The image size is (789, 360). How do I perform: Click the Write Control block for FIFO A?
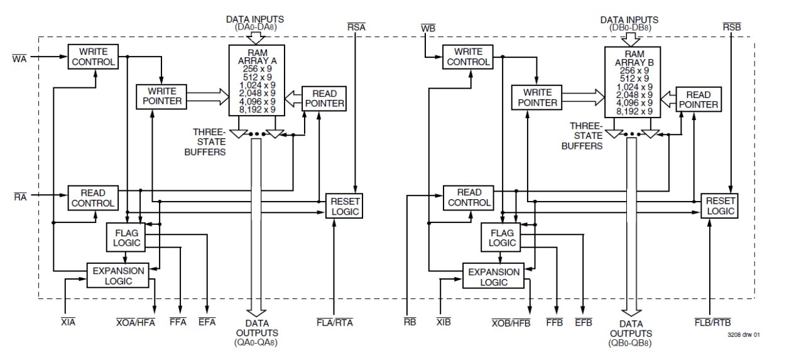94,57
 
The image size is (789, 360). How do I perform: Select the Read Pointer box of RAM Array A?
325,99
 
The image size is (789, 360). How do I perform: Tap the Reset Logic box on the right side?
720,205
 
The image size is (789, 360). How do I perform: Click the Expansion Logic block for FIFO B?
494,277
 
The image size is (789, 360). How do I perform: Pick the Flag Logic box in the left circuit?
124,237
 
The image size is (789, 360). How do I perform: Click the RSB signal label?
731,27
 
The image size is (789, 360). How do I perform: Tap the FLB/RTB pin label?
712,322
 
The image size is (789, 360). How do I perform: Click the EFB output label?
584,322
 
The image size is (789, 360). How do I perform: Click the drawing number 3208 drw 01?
745,335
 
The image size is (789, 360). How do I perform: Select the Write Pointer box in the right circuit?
535,97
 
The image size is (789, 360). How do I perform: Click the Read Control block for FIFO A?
93,198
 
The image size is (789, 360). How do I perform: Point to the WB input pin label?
428,28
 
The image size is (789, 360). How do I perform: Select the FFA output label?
179,322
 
